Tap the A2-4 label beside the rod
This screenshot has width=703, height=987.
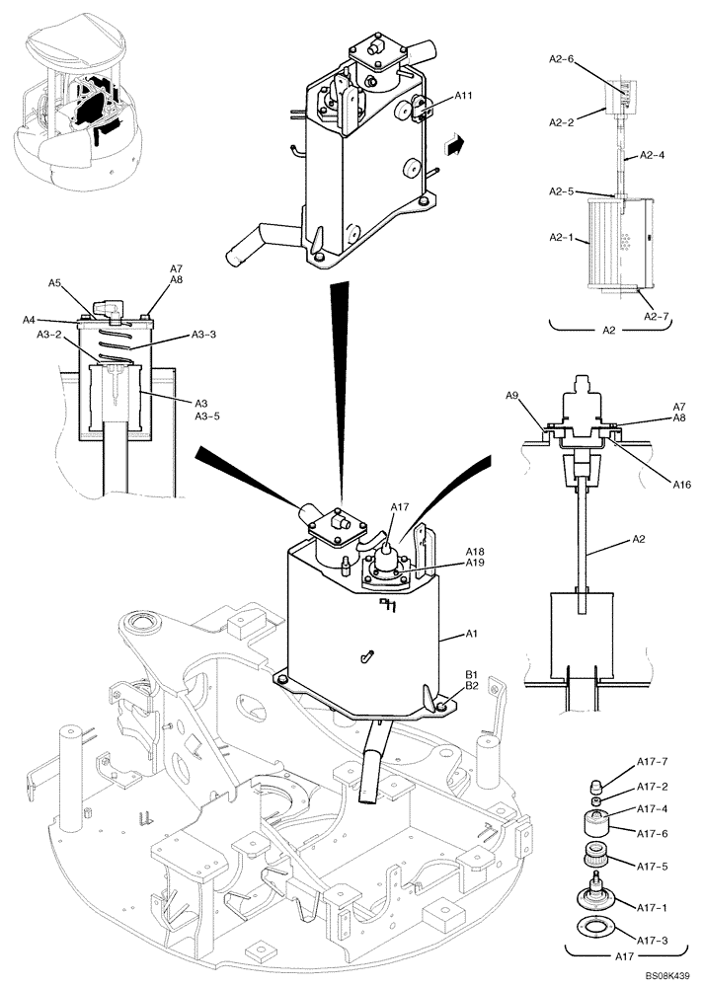[653, 155]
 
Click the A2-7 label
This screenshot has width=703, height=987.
[657, 316]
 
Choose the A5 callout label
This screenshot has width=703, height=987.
[56, 283]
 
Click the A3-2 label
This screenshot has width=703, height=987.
[50, 335]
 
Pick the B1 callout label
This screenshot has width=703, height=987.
[471, 674]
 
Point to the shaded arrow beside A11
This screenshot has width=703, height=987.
[453, 145]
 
